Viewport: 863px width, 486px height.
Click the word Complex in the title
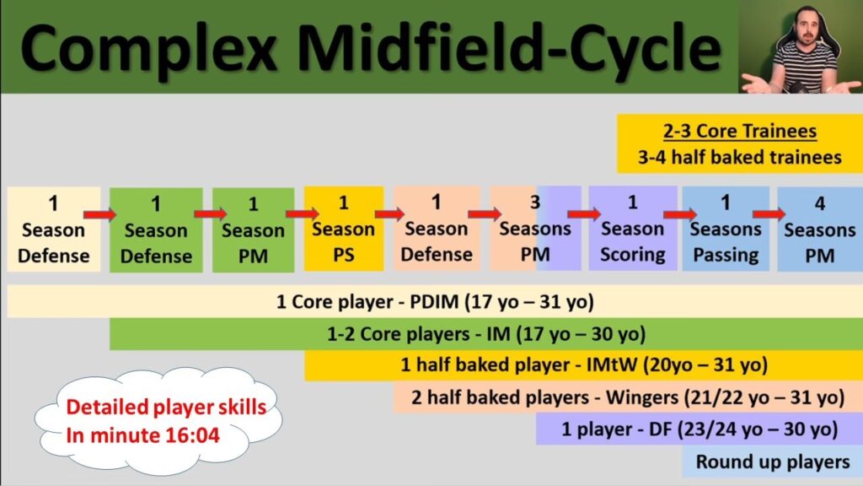148,48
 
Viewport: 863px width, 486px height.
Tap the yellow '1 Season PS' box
344,229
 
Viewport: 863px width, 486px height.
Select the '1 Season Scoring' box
632,228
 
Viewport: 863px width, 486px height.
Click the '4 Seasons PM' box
820,229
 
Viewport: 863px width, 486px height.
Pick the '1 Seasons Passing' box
726,229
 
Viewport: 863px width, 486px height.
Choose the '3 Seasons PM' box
535,228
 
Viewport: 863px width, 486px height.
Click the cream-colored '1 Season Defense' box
53,229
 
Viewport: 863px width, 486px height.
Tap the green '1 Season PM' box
253,229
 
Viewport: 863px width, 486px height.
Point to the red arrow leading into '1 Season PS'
303,213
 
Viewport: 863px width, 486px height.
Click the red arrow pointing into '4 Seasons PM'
769,213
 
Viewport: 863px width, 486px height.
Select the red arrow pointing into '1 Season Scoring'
584,213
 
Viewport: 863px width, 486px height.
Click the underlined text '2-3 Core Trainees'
740,131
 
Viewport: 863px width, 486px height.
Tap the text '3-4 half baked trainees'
740,158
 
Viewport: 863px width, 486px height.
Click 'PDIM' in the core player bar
434,302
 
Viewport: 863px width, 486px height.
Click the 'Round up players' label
773,462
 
